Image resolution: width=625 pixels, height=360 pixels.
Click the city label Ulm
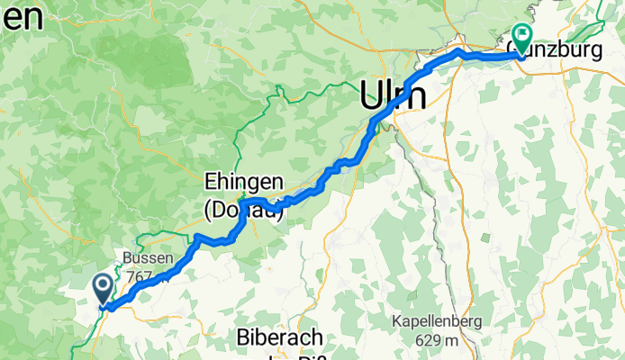[394, 93]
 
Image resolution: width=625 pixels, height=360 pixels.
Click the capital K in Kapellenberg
[396, 321]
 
